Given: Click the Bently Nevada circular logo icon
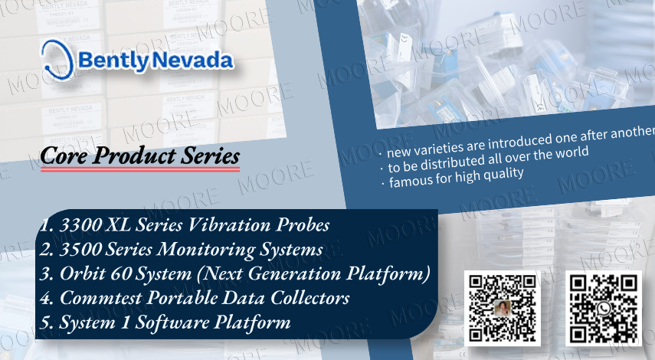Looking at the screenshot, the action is pos(57,60).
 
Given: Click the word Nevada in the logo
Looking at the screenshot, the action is pos(192,61).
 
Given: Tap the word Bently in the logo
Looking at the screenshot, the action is pos(113,61).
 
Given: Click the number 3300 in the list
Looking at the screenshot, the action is pos(80,225).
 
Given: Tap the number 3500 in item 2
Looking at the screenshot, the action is pos(80,250).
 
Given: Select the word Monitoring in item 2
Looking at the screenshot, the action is pos(205,250).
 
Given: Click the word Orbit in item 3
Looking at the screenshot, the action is pos(82,273).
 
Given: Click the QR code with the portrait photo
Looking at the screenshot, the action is pos(503,309).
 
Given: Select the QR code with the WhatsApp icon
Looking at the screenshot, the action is pos(603,309).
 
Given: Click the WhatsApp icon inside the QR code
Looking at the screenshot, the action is pos(603,309).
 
